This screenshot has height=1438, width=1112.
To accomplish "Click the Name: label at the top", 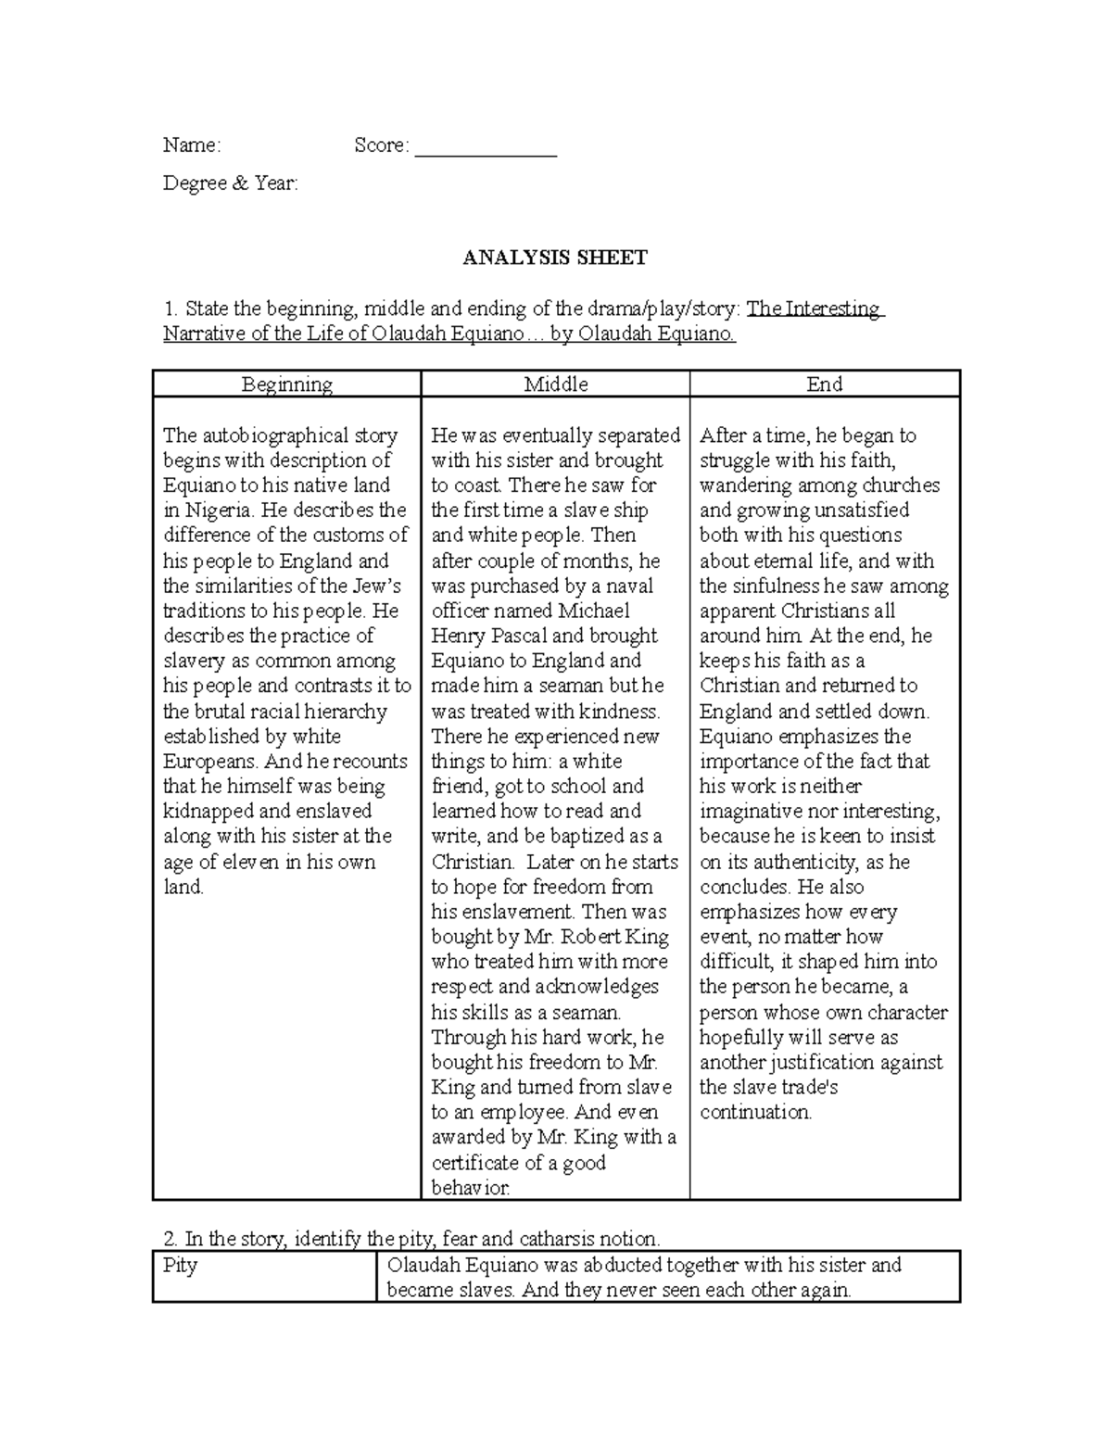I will [192, 145].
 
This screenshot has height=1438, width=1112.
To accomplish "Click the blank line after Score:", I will [486, 148].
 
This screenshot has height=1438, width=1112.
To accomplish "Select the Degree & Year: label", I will [231, 183].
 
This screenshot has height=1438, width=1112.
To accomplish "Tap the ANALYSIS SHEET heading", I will [555, 259].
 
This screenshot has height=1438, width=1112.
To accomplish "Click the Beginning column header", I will [286, 385].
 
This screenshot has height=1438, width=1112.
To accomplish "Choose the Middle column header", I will [556, 385].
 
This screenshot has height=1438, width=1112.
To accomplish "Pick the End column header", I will [824, 385].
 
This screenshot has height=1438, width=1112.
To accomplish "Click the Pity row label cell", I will [181, 1266].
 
